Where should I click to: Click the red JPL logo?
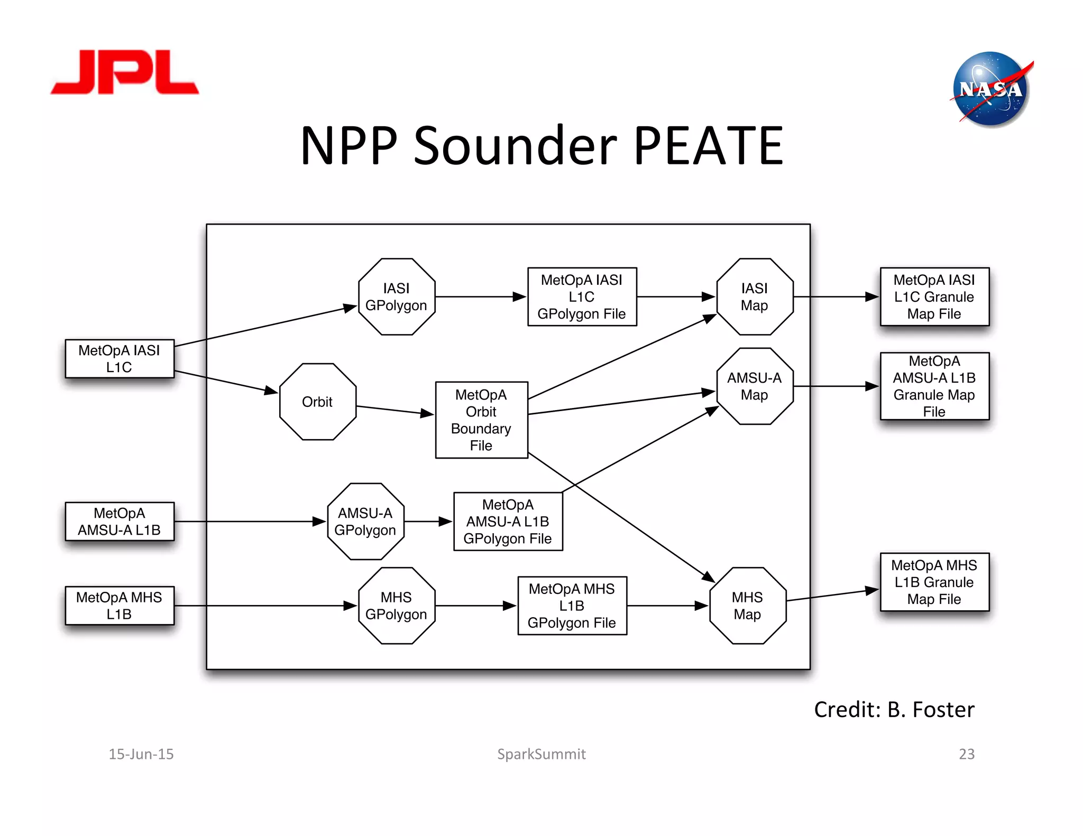pos(125,72)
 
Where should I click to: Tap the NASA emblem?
pos(991,89)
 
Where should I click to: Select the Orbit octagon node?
pos(317,402)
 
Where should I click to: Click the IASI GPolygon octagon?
pos(397,296)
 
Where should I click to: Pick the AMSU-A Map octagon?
pos(755,386)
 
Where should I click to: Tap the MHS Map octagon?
pos(747,606)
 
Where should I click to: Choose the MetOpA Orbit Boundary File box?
pos(481,420)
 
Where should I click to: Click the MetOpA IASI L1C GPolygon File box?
pos(582,296)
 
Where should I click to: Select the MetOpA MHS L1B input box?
pos(120,606)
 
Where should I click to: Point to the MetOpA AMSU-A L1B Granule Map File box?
pos(934,386)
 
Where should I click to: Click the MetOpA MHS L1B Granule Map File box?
pos(934,582)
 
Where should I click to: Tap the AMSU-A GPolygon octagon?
pos(365,522)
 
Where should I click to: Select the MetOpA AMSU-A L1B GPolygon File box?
pos(508,522)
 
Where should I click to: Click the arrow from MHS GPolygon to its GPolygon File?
pos(476,606)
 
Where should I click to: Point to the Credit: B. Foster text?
pos(894,710)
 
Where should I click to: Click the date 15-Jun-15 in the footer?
pos(141,754)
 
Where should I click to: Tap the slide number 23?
pos(967,754)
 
